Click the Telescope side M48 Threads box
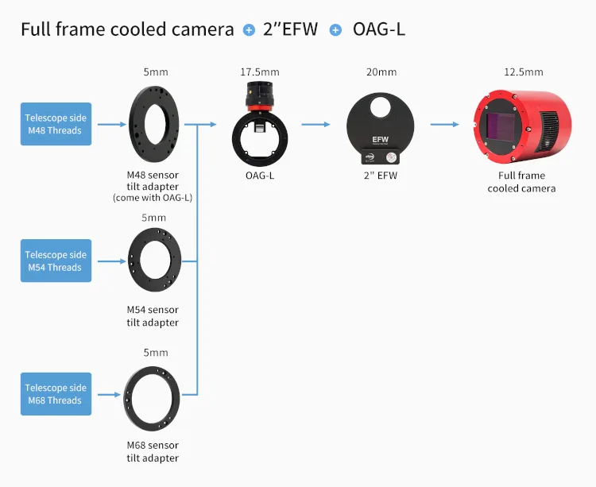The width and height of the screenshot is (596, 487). pyautogui.click(x=56, y=124)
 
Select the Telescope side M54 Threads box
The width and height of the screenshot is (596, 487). pyautogui.click(x=56, y=261)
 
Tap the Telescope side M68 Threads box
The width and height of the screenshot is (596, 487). pyautogui.click(x=56, y=394)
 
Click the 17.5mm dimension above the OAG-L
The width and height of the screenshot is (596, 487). pyautogui.click(x=260, y=72)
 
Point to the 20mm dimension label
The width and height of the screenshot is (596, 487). pyautogui.click(x=381, y=72)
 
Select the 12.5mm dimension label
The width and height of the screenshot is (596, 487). pyautogui.click(x=524, y=72)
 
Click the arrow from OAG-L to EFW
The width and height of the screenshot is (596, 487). pyautogui.click(x=315, y=124)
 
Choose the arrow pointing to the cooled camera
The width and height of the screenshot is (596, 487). pyautogui.click(x=444, y=124)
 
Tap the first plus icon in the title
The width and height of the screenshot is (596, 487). pyautogui.click(x=249, y=30)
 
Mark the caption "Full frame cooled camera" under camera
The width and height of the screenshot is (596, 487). pyautogui.click(x=521, y=182)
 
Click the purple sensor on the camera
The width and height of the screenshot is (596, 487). pyautogui.click(x=501, y=126)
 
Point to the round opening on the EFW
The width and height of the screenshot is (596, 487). pyautogui.click(x=380, y=106)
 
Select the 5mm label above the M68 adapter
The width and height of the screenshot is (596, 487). pyautogui.click(x=154, y=353)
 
